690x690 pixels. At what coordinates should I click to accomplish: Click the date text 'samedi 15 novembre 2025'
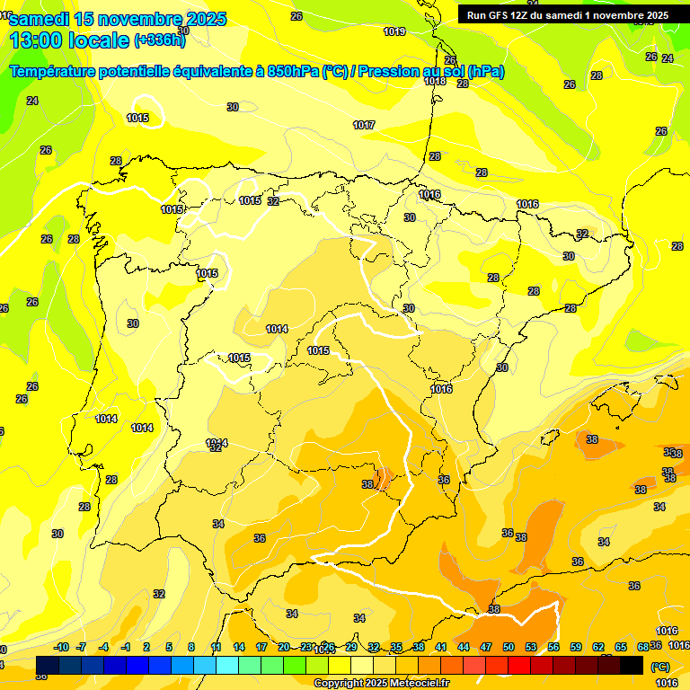click(118, 19)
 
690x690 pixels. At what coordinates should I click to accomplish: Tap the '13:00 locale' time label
click(69, 40)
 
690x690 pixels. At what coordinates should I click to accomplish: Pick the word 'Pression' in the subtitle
click(386, 72)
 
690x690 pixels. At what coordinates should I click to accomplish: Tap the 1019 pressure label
click(394, 31)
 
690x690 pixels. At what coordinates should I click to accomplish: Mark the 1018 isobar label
click(435, 81)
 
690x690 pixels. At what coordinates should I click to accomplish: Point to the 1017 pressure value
click(364, 125)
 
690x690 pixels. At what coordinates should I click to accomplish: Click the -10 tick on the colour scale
click(62, 647)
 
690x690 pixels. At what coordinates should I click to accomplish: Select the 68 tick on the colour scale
click(643, 647)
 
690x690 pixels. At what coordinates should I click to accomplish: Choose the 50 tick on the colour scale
click(509, 647)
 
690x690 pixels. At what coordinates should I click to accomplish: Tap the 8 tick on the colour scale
click(191, 647)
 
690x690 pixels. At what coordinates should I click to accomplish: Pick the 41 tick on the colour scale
click(441, 647)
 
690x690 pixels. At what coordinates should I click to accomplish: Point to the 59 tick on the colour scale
click(576, 647)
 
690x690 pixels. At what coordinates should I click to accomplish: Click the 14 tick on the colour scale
click(239, 647)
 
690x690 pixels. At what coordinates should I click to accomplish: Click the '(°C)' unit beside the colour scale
click(659, 667)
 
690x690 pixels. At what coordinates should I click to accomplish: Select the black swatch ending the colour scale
click(632, 665)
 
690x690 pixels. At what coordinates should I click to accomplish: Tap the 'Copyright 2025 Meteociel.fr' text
click(381, 683)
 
